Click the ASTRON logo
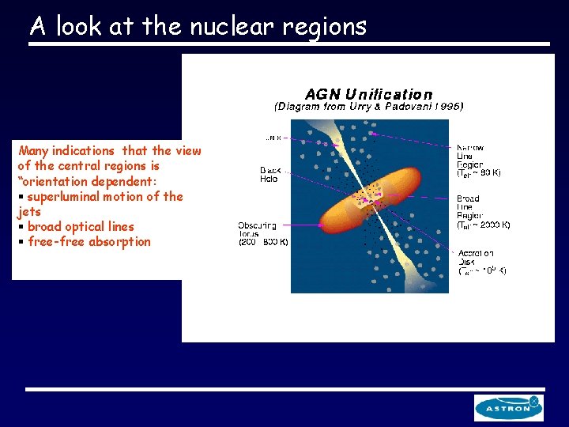pos(508,408)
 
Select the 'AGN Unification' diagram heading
pos(369,94)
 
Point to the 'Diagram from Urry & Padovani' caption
pos(368,106)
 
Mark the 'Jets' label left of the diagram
pos(273,137)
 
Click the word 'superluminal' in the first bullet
pos(67,196)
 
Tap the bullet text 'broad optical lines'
pos(81,227)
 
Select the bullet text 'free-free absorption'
pos(89,242)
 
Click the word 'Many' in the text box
pos(34,150)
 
